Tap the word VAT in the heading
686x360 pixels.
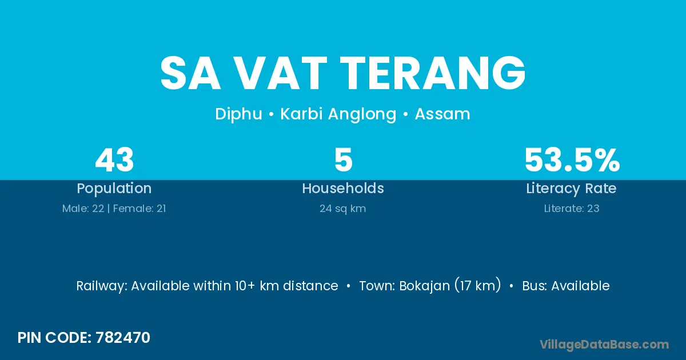click(x=281, y=73)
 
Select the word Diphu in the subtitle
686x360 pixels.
click(x=238, y=114)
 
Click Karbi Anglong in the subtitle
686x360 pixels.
click(x=338, y=114)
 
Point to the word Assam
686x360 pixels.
click(x=442, y=114)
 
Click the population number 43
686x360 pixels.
click(x=114, y=160)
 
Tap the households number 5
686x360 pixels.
click(x=344, y=160)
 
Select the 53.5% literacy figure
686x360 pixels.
click(x=572, y=160)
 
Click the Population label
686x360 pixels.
click(x=114, y=189)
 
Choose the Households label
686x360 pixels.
click(x=343, y=188)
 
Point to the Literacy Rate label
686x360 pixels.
click(x=571, y=189)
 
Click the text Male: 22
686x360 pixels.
click(x=83, y=209)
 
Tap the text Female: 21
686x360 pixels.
click(x=139, y=209)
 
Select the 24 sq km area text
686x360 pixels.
click(x=342, y=209)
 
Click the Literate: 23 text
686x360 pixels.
click(x=572, y=209)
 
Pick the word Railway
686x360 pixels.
click(x=102, y=286)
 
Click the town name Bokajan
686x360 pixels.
click(x=425, y=286)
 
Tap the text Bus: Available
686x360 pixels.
click(x=565, y=286)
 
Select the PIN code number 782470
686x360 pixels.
click(x=123, y=338)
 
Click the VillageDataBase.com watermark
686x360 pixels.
click(x=604, y=345)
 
